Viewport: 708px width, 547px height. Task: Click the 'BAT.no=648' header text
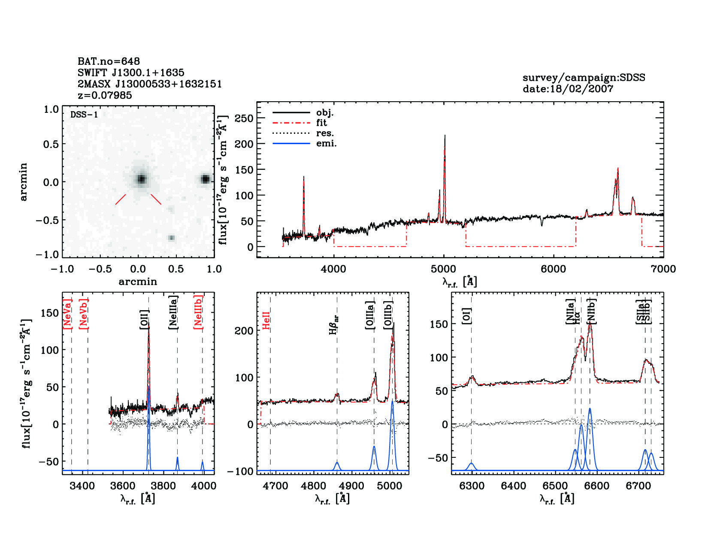109,61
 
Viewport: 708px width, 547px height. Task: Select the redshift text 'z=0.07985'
105,95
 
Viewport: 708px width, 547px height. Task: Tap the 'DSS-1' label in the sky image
84,115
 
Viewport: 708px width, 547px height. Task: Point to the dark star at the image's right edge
206,179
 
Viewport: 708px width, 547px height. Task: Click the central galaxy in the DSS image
141,179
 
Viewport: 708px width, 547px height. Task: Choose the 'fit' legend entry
321,123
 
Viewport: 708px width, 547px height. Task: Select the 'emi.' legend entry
326,143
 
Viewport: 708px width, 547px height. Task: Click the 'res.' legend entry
325,133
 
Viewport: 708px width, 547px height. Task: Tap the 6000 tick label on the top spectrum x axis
554,269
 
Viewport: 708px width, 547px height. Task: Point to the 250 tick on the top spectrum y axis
244,118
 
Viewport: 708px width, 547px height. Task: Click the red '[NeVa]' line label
67,314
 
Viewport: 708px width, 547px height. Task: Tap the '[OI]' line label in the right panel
466,315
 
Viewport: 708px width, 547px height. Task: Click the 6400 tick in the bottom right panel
514,486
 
